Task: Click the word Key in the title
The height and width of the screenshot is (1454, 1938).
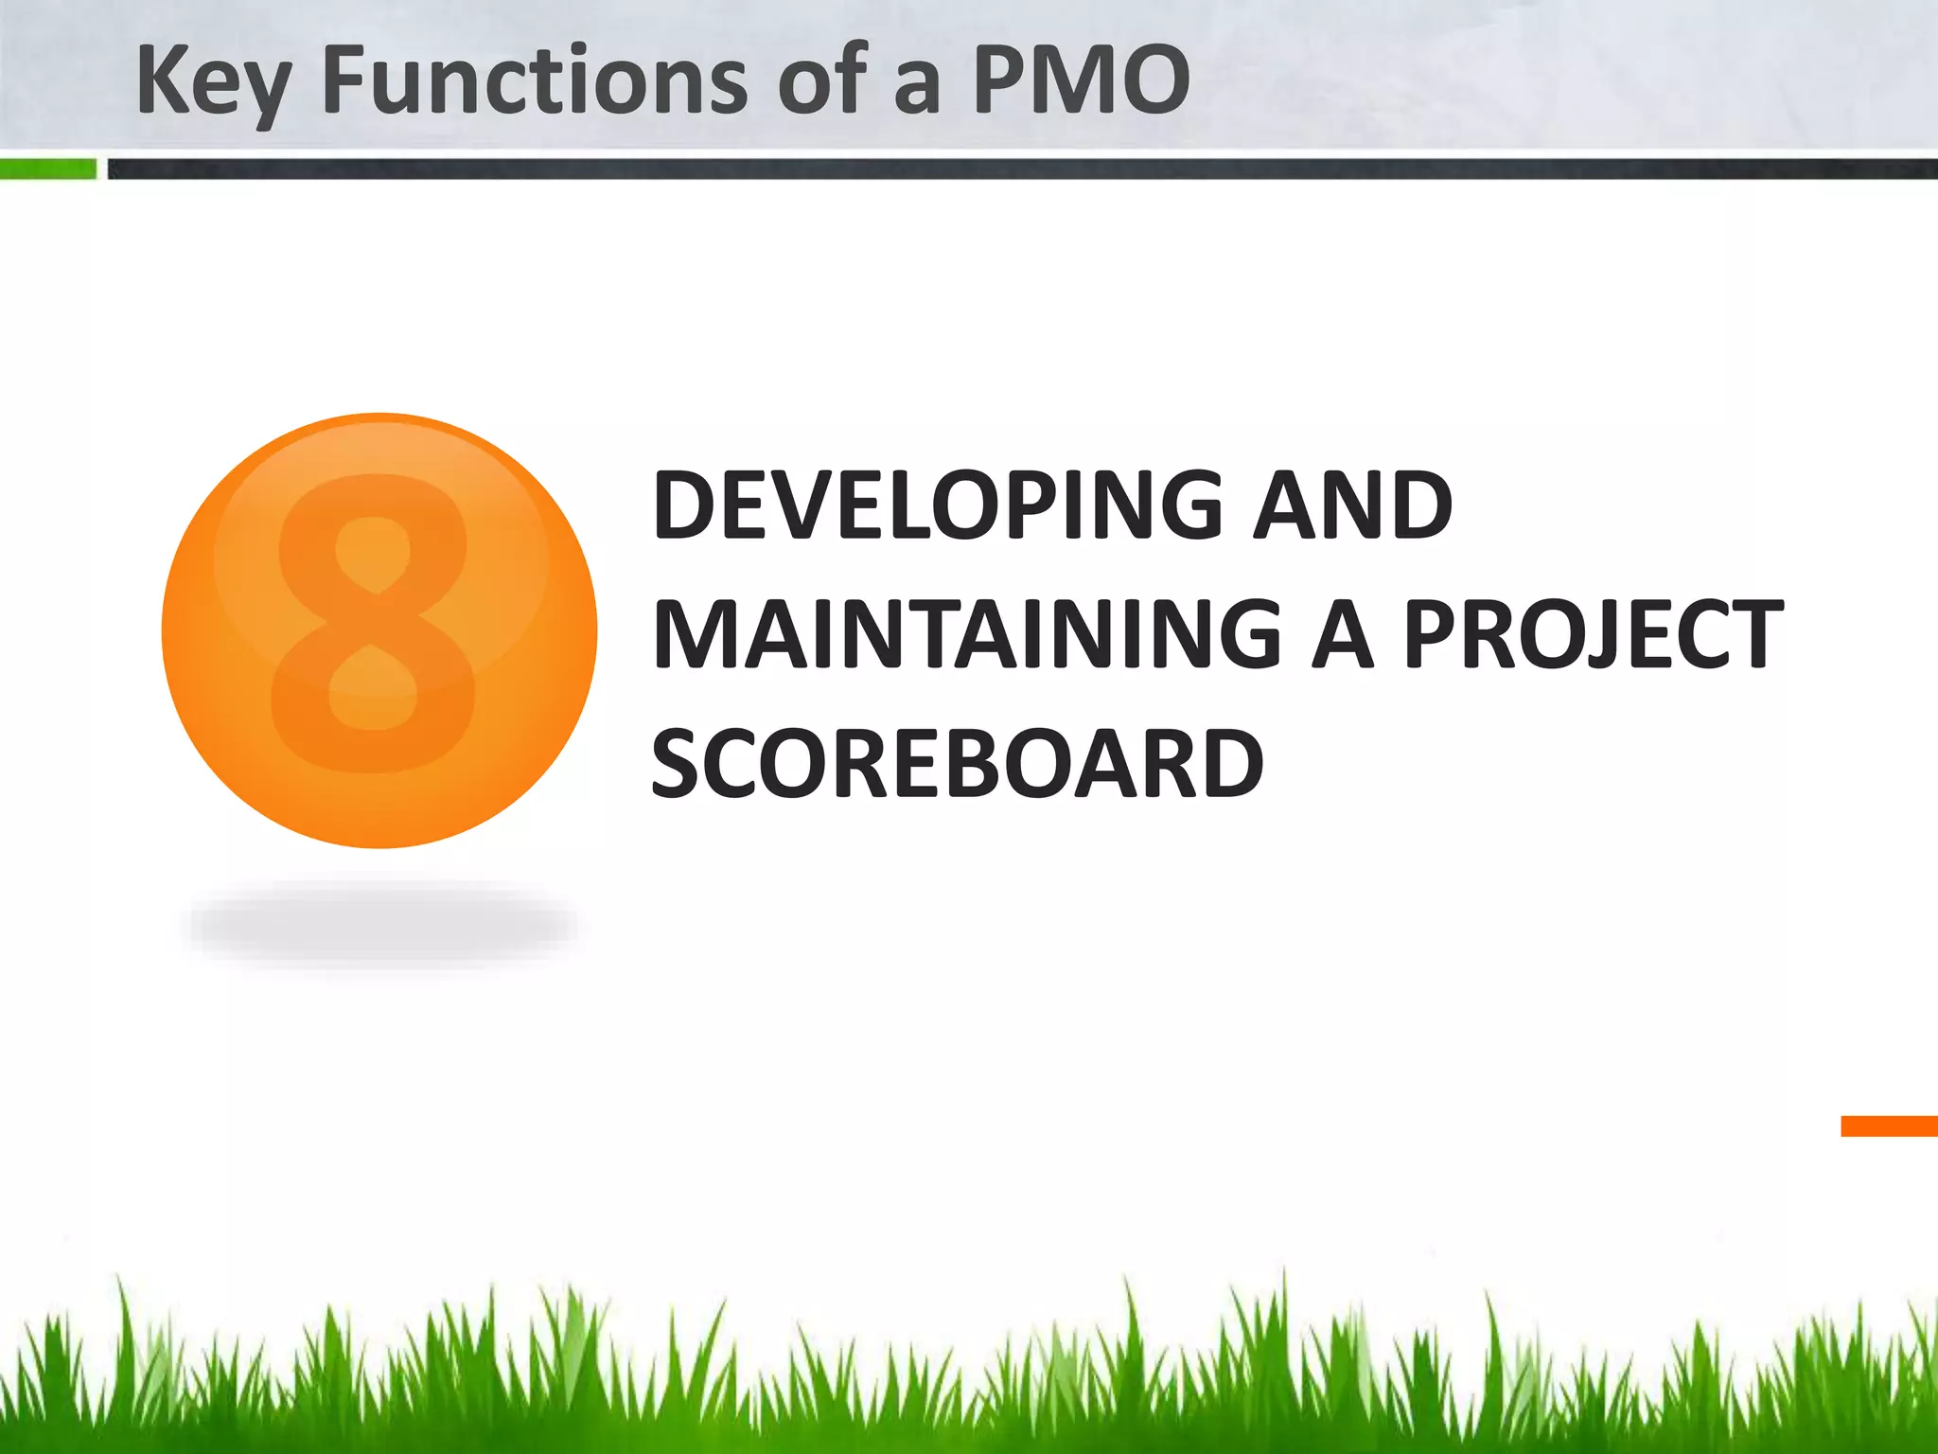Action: pyautogui.click(x=212, y=83)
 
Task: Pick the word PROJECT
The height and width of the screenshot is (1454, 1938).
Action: pyautogui.click(x=1593, y=634)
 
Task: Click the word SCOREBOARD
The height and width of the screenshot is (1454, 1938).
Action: pyautogui.click(x=958, y=763)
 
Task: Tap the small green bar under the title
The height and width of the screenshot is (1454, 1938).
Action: pyautogui.click(x=47, y=169)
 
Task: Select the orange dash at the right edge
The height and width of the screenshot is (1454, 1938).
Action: pyautogui.click(x=1889, y=1126)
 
